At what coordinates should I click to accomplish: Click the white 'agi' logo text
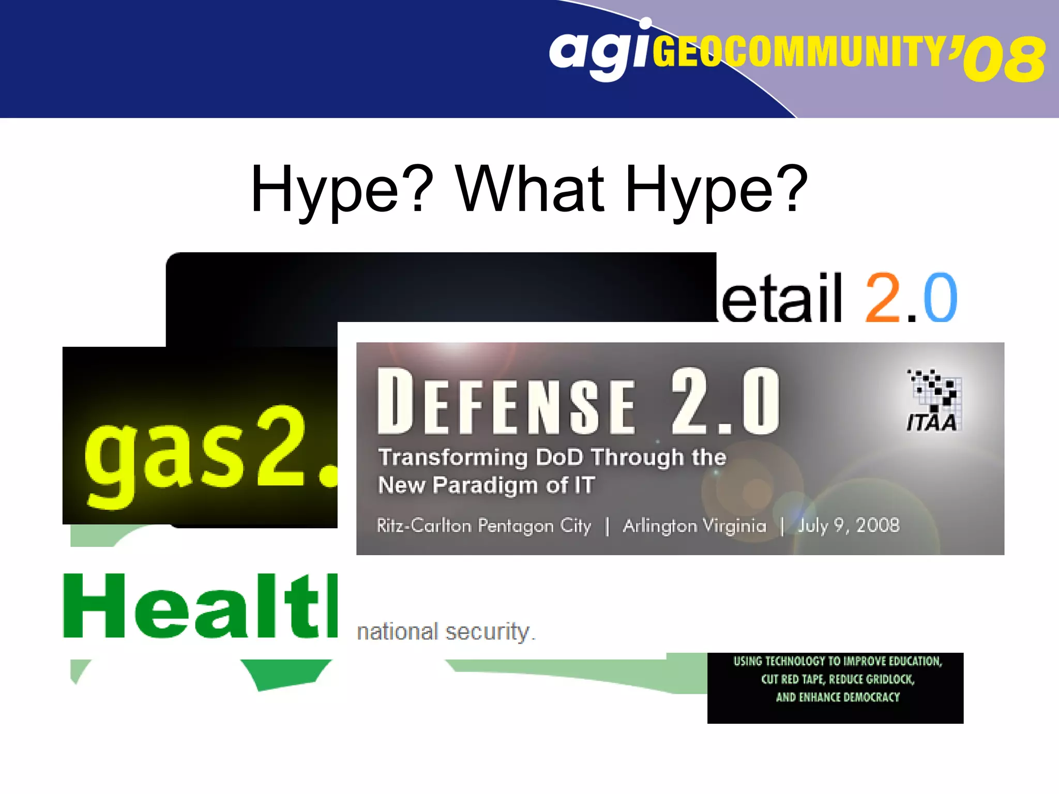(597, 52)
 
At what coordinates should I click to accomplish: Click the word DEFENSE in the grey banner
(507, 402)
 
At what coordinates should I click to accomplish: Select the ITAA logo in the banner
(933, 401)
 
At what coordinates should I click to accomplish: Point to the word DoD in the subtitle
(559, 457)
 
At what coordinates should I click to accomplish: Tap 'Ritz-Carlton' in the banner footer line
(424, 526)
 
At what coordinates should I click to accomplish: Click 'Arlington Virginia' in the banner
(694, 526)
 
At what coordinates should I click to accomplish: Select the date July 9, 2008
(849, 526)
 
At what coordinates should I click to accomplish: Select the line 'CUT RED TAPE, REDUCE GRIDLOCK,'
(837, 679)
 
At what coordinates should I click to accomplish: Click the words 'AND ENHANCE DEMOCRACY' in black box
(837, 697)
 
